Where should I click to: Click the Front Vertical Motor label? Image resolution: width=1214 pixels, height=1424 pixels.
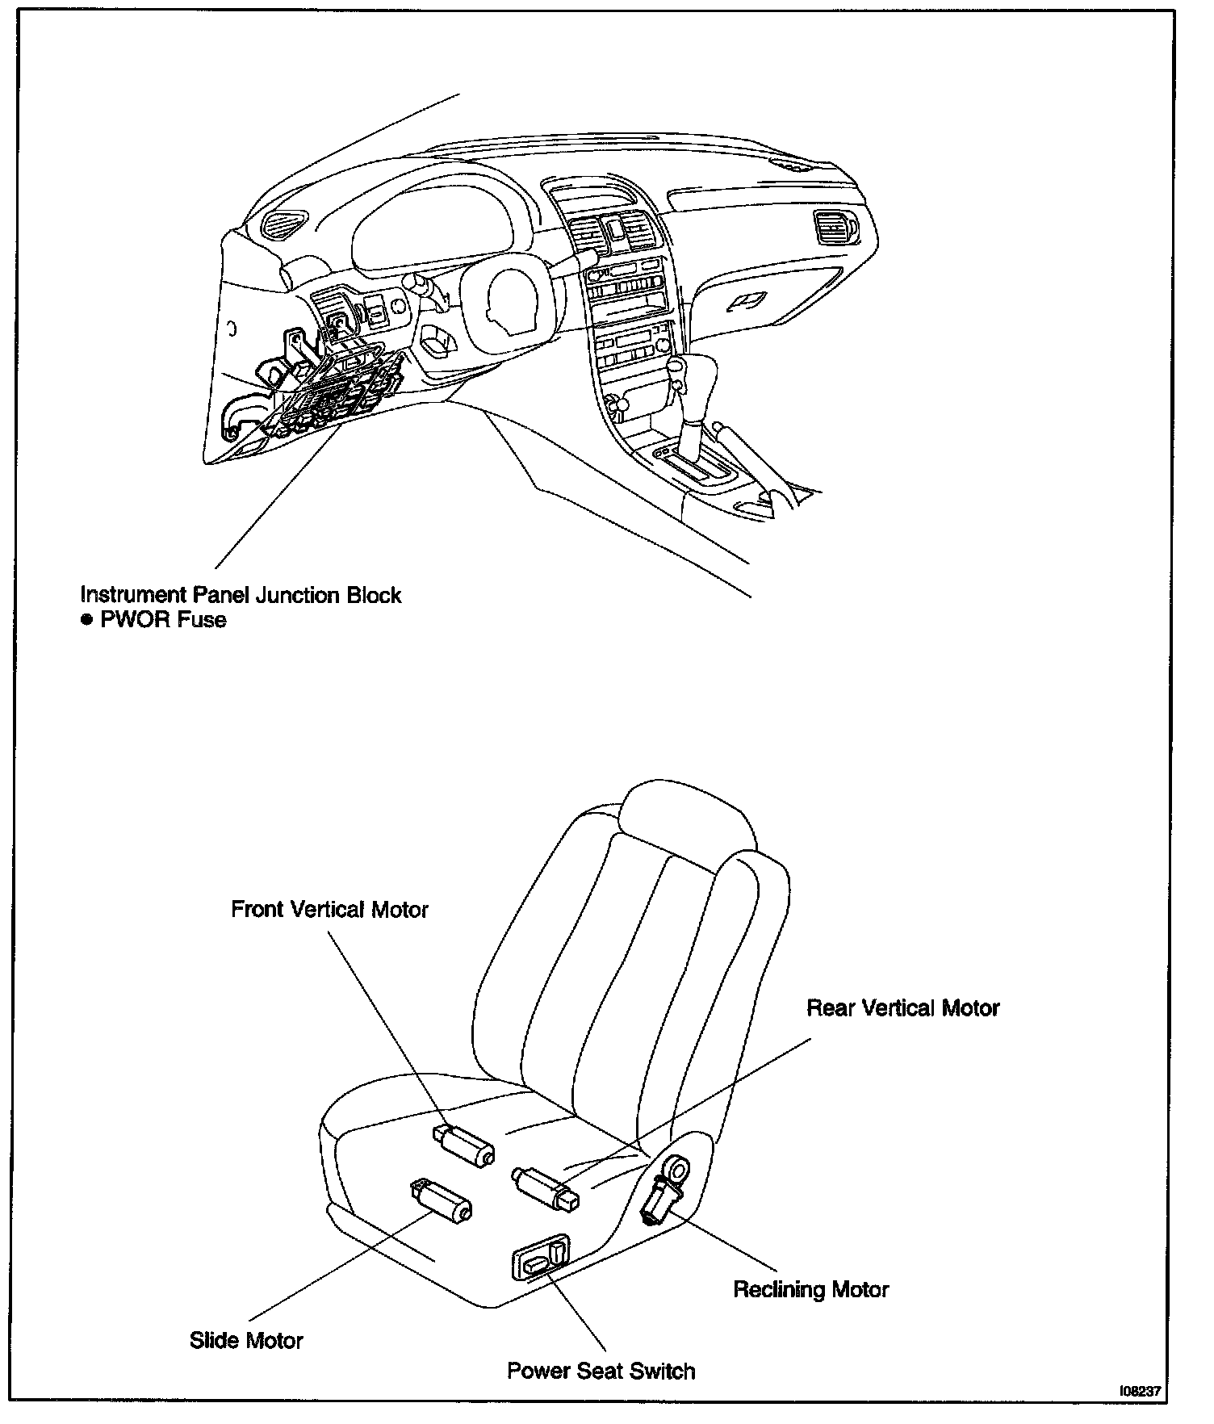[329, 910]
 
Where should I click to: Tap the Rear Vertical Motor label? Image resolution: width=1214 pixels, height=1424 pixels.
[902, 1008]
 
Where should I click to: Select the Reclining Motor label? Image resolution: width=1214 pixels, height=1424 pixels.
[810, 1289]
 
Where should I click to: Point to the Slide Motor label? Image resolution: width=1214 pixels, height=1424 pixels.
[246, 1341]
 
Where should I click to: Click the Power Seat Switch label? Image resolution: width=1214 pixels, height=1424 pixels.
[601, 1371]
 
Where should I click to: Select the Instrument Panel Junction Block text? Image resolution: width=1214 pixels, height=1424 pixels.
[241, 595]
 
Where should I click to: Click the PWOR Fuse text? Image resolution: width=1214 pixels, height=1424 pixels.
[163, 620]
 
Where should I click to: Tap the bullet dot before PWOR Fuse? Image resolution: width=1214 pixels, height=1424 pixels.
[86, 620]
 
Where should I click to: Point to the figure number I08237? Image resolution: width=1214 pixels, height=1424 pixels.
[1140, 1391]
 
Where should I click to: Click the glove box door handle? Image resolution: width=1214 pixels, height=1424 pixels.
[745, 302]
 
